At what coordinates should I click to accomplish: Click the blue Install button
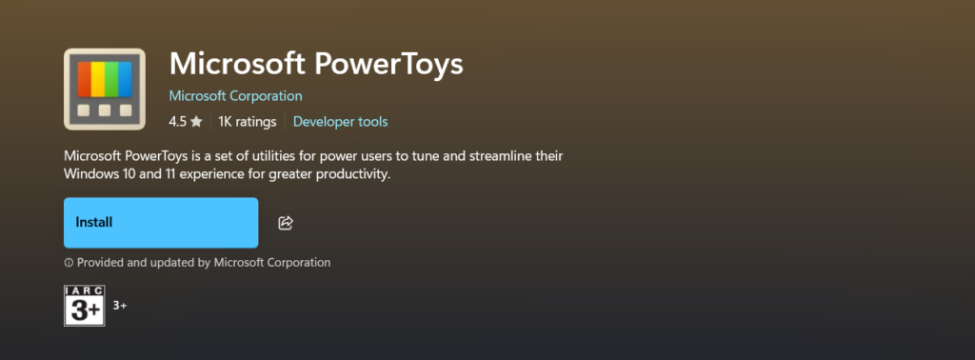[161, 223]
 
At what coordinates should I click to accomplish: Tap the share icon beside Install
[286, 223]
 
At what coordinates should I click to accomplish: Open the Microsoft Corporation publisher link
[236, 96]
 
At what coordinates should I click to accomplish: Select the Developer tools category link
[340, 122]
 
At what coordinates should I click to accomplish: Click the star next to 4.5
[196, 122]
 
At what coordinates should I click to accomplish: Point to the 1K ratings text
[247, 122]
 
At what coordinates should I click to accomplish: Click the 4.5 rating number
[177, 122]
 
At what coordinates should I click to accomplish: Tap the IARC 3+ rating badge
[85, 306]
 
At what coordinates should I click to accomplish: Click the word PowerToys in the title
[388, 64]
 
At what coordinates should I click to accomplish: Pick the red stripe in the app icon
[84, 79]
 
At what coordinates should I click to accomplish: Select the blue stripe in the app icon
[125, 79]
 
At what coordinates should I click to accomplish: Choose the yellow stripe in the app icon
[98, 79]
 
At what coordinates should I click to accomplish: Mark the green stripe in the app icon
[111, 79]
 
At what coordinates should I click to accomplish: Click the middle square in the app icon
[105, 110]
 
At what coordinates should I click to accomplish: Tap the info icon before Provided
[69, 263]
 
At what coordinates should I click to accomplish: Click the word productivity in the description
[353, 174]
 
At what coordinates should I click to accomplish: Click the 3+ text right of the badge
[120, 306]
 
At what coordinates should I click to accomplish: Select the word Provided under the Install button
[100, 263]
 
